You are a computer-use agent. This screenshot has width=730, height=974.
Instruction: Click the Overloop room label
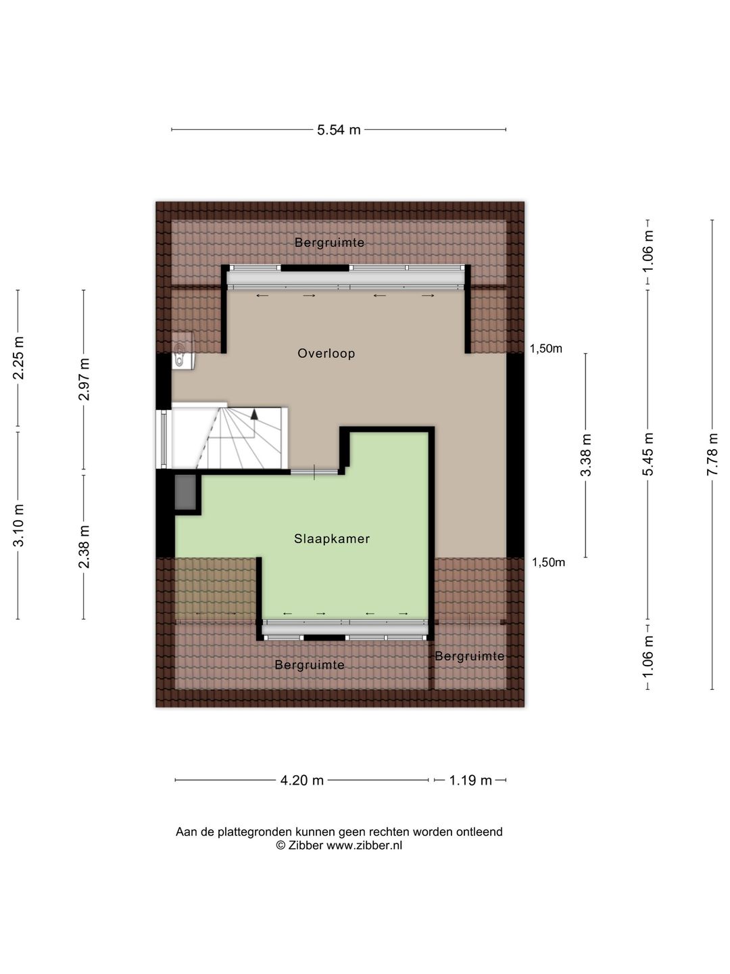326,353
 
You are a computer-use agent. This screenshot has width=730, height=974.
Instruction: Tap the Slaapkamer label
331,538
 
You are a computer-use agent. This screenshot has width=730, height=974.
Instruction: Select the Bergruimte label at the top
329,243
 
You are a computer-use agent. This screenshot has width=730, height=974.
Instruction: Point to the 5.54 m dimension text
339,130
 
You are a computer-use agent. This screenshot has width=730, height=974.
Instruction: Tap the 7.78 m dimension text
712,454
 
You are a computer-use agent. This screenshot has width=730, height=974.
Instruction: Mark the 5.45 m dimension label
648,454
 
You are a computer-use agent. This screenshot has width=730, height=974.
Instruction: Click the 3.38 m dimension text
585,455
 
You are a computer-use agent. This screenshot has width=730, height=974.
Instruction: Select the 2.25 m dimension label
18,358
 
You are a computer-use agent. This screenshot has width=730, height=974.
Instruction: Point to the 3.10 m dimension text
18,525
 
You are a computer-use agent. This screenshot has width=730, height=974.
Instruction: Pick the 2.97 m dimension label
84,379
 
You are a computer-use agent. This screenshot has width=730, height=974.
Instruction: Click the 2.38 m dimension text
84,547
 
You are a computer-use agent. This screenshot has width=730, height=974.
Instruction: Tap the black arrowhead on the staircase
254,414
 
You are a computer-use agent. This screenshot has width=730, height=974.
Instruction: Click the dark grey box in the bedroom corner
185,492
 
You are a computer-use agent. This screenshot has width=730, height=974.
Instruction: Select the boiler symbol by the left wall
183,350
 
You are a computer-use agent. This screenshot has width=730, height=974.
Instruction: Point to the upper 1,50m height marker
545,349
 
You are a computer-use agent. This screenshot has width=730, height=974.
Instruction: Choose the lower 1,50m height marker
548,563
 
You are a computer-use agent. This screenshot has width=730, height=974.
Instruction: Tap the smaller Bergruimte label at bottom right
469,656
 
